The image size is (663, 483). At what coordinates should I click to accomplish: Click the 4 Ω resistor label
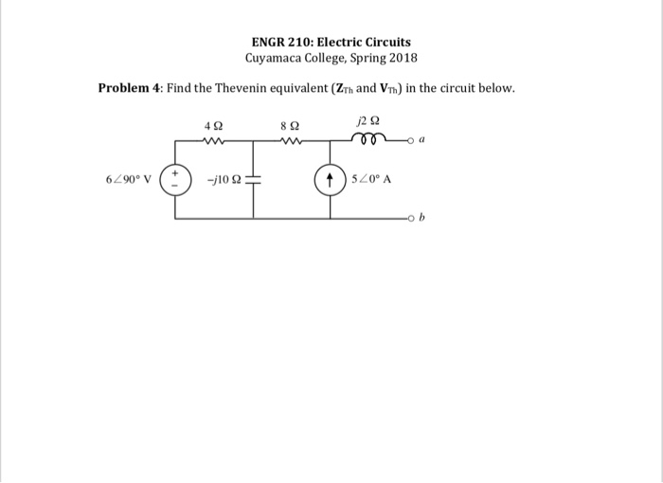(x=213, y=125)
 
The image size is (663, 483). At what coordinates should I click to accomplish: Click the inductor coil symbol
(x=365, y=140)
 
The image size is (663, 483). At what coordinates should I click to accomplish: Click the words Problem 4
(x=130, y=88)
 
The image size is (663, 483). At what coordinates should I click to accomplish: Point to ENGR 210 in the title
(x=281, y=43)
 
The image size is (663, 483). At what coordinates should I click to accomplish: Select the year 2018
(x=402, y=59)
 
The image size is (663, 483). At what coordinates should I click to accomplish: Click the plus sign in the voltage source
(x=174, y=173)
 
